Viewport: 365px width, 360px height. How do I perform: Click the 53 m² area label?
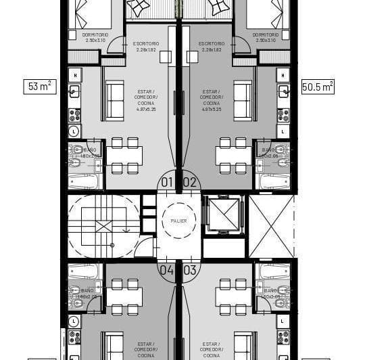pyautogui.click(x=40, y=87)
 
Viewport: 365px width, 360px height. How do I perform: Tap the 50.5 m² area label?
pyautogui.click(x=317, y=87)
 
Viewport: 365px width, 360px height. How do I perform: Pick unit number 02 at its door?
pyautogui.click(x=190, y=181)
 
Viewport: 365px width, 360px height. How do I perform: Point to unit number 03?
pyautogui.click(x=190, y=269)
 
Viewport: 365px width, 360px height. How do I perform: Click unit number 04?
pyautogui.click(x=166, y=269)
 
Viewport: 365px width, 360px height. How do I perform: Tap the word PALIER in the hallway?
pyautogui.click(x=178, y=221)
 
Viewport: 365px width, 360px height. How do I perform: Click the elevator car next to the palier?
pyautogui.click(x=224, y=215)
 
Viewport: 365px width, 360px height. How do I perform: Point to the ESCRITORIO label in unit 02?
pyautogui.click(x=212, y=47)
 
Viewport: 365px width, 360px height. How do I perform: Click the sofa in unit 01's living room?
pyautogui.click(x=114, y=91)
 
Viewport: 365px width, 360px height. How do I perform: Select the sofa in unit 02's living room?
pyautogui.click(x=242, y=91)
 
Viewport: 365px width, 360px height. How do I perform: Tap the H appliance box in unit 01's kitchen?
pyautogui.click(x=74, y=74)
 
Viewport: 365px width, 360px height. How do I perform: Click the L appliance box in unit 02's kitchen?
pyautogui.click(x=283, y=131)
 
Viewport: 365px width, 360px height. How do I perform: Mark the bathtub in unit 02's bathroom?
pyautogui.click(x=275, y=181)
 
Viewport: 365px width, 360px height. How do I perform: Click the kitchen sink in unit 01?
pyautogui.click(x=74, y=91)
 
